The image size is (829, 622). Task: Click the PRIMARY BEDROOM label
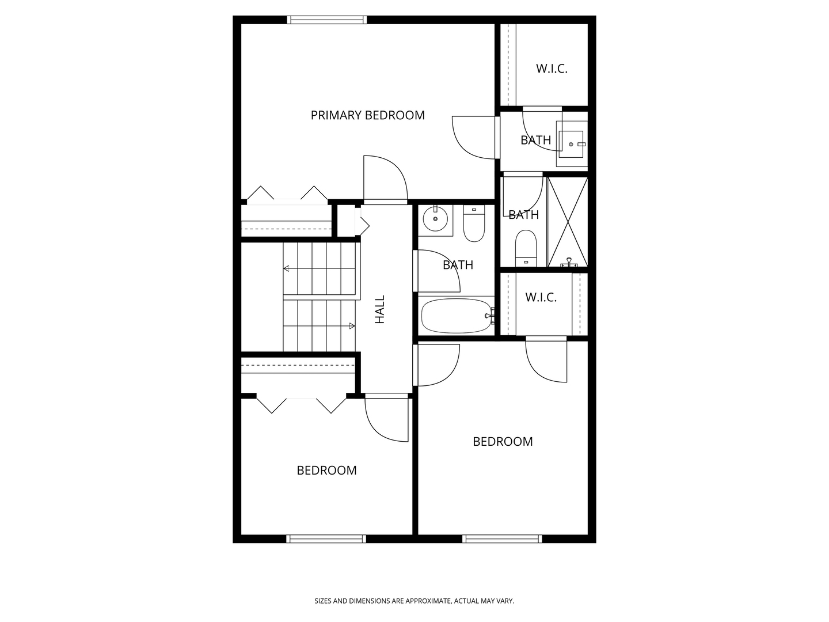click(x=367, y=115)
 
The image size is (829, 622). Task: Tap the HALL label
click(x=379, y=309)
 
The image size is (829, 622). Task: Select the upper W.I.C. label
click(x=552, y=69)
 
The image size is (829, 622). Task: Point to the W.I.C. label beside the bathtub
click(x=541, y=297)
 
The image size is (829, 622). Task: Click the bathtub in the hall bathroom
click(x=457, y=316)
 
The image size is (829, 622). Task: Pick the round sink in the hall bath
click(x=435, y=219)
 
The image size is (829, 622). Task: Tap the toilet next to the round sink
click(x=474, y=223)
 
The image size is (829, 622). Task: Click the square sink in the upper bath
click(x=571, y=144)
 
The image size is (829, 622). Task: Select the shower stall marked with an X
click(x=567, y=222)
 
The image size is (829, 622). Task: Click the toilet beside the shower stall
click(x=526, y=248)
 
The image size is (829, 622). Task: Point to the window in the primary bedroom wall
click(x=326, y=20)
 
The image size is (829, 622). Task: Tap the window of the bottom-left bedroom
click(x=326, y=539)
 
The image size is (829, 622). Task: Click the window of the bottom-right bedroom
click(x=502, y=539)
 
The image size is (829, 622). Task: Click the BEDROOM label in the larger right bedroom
click(x=503, y=442)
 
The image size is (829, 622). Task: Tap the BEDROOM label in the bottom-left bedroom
click(x=326, y=470)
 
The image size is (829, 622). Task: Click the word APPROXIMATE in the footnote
click(x=428, y=601)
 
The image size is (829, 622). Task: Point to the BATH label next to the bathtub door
click(x=458, y=265)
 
